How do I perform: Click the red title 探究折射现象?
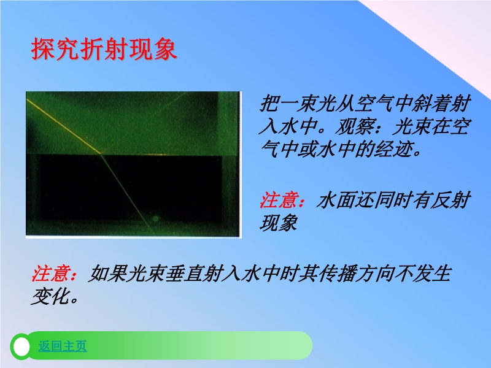point(104,49)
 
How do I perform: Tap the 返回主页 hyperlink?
point(63,346)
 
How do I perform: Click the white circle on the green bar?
point(21,347)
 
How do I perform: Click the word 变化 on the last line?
point(50,296)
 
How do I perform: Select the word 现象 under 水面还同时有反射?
point(279,223)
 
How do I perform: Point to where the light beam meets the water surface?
point(101,153)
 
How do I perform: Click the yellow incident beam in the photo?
point(64,126)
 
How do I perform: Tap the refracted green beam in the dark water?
point(128,194)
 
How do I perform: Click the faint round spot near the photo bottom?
point(156,218)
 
